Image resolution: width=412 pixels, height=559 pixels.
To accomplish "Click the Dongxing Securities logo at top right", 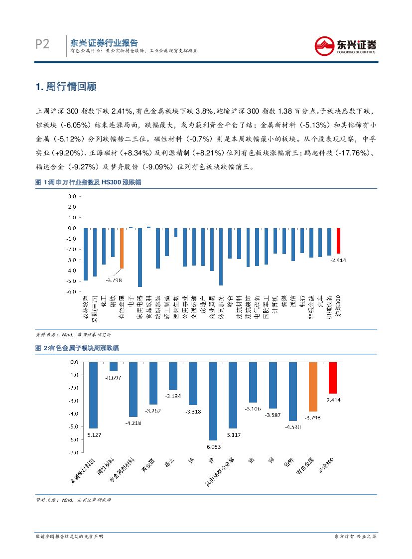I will (x=345, y=46).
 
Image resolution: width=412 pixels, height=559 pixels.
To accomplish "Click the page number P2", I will (x=42, y=45).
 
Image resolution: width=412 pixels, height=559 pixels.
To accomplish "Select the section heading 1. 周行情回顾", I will (x=66, y=87).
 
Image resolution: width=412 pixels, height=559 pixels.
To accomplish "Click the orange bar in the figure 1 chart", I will (x=121, y=248).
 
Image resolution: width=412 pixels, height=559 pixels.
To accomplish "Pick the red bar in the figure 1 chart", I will (x=339, y=241).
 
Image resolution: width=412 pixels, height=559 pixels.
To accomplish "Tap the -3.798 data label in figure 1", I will (x=114, y=280).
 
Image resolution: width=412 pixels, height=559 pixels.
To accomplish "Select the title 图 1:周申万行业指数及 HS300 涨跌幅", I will (x=88, y=183).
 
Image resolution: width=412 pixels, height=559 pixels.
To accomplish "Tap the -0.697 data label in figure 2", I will (x=114, y=378).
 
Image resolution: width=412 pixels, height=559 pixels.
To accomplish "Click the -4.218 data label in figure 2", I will (x=133, y=423).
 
